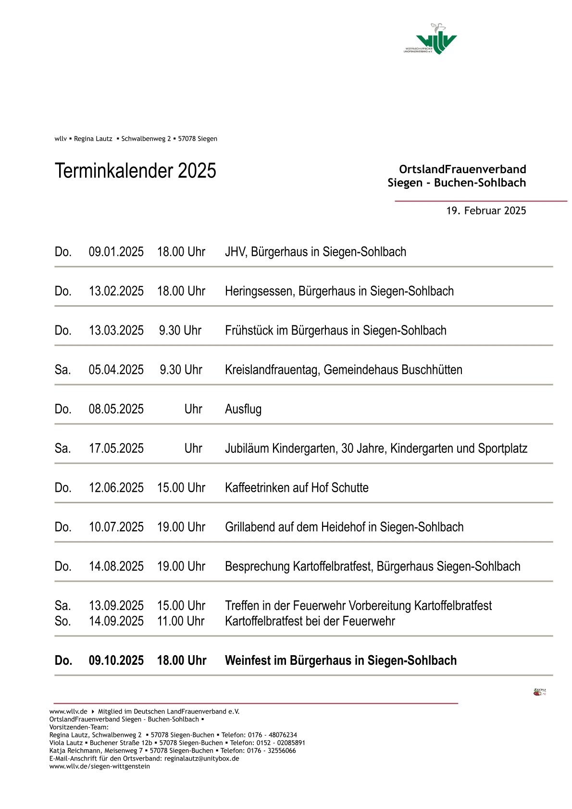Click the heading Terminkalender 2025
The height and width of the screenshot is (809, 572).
[x=135, y=171]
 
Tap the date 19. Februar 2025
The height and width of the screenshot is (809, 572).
[x=486, y=211]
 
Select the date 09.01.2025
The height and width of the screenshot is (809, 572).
[x=116, y=252]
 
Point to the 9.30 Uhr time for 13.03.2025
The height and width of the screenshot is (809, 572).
[x=180, y=331]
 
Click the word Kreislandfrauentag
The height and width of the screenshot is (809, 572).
[x=272, y=370]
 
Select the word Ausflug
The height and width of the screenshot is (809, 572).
[x=243, y=410]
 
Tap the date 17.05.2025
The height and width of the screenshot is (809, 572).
[x=116, y=448]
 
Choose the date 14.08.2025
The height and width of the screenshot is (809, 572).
[x=116, y=567]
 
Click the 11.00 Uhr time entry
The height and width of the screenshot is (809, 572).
[x=181, y=622]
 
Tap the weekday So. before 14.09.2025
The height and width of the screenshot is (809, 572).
[x=62, y=622]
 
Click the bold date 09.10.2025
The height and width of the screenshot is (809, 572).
[x=116, y=661]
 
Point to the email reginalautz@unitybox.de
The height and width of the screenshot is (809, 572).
[x=201, y=759]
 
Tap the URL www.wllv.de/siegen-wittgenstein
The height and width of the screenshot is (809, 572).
[x=99, y=766]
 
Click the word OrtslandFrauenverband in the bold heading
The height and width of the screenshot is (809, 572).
[x=462, y=169]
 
